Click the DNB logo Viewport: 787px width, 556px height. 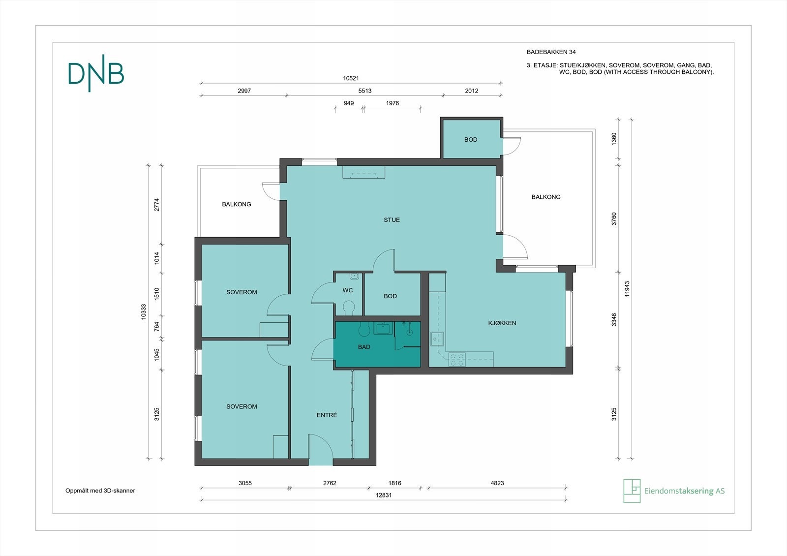[x=96, y=73]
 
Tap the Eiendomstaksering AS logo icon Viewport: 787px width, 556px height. [x=632, y=491]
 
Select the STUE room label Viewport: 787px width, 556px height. [x=392, y=220]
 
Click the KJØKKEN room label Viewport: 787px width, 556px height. [x=502, y=323]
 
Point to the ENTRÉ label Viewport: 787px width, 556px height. [x=327, y=415]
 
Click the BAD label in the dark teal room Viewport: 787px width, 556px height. [x=364, y=347]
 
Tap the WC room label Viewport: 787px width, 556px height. [x=348, y=290]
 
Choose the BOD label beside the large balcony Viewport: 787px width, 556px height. [x=471, y=140]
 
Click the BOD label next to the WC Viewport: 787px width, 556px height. [x=391, y=296]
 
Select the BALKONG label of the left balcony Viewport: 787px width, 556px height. [x=237, y=204]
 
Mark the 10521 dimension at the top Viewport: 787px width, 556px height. [x=351, y=78]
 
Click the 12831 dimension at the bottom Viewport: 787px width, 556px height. [x=384, y=495]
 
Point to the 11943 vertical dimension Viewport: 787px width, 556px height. [x=627, y=289]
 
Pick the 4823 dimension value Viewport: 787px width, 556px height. [x=497, y=483]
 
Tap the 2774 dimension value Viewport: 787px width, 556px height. [x=157, y=205]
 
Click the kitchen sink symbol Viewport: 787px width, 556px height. [x=437, y=339]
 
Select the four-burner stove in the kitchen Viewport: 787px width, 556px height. [x=457, y=360]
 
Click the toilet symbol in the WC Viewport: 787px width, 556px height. [x=349, y=308]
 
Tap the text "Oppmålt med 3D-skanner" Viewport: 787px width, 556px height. [x=100, y=491]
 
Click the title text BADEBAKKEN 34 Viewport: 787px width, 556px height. [x=551, y=52]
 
